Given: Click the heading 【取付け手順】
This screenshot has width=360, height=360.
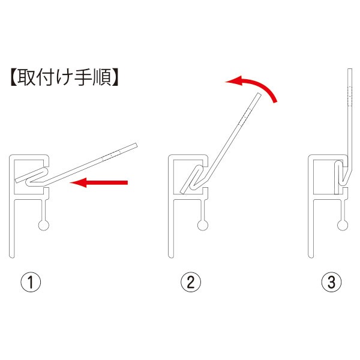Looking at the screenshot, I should click(x=63, y=79).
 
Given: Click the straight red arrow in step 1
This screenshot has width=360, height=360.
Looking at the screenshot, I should click(x=99, y=183).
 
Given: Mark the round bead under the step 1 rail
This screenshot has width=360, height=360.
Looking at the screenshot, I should click(x=44, y=225).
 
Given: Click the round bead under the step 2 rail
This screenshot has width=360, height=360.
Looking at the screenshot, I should click(x=202, y=225).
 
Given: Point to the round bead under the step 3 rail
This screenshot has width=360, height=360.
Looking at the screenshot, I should click(x=342, y=225).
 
